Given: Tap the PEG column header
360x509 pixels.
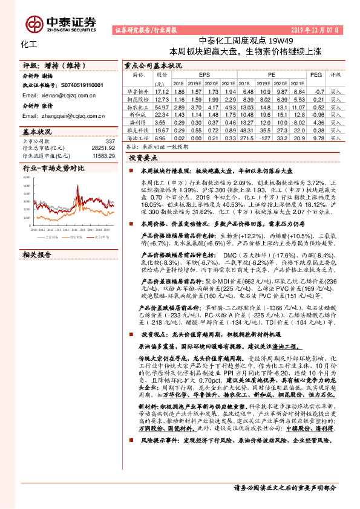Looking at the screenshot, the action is tap(316, 74).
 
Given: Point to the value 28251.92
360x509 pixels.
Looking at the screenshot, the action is tap(102, 148).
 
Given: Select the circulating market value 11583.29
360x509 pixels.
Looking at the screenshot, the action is tap(102, 155).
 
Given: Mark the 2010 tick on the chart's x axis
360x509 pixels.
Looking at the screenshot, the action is tap(34, 230).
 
